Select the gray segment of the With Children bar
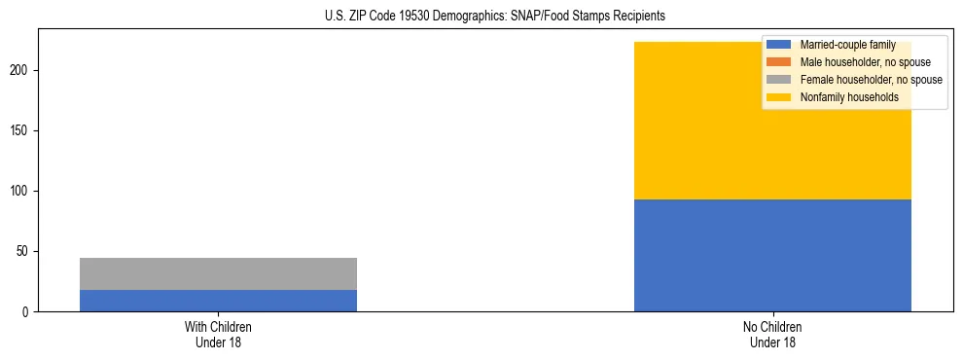tap(218, 273)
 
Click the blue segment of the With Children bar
tap(218, 301)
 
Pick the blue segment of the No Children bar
tap(772, 255)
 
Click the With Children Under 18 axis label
tap(218, 334)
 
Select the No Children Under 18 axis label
tap(772, 334)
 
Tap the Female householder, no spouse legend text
tap(871, 80)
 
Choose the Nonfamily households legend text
tap(849, 97)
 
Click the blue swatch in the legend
tap(779, 45)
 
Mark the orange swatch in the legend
tap(779, 62)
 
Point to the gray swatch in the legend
tap(779, 80)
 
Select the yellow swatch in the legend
tap(779, 97)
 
